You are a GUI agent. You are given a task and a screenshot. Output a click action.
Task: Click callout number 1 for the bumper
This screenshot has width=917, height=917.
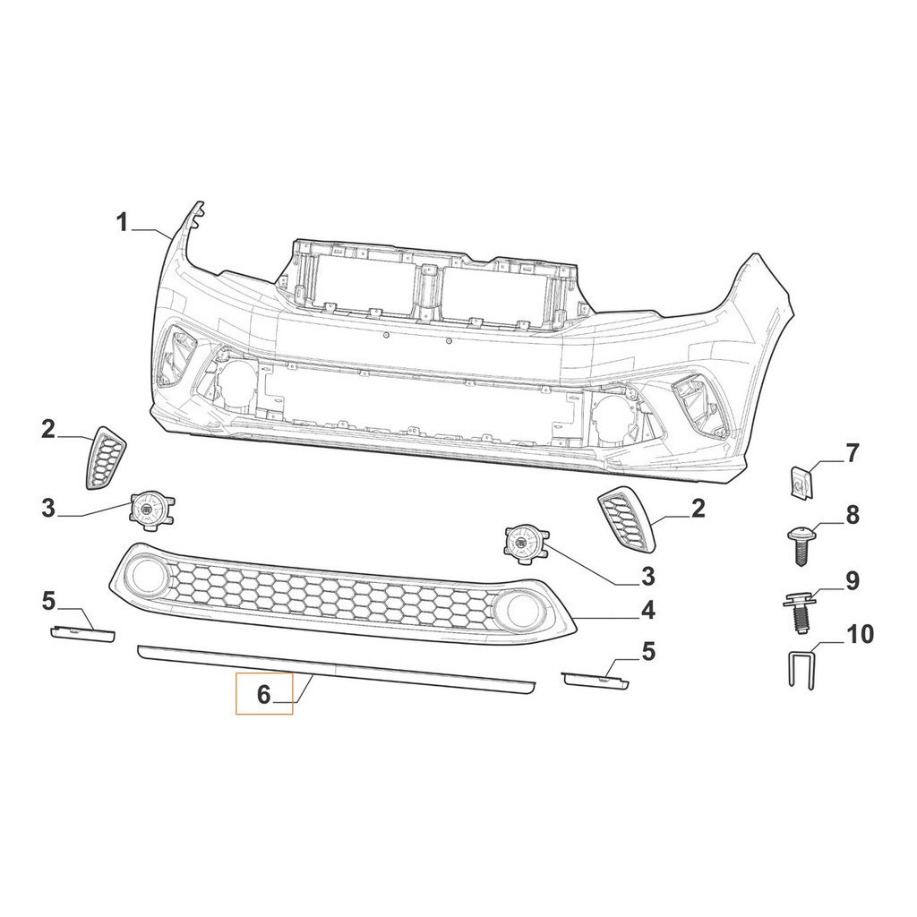point(122,223)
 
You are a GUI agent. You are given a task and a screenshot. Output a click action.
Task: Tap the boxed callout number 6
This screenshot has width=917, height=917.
point(264,694)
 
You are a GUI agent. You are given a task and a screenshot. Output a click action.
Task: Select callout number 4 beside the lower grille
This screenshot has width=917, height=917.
point(647,611)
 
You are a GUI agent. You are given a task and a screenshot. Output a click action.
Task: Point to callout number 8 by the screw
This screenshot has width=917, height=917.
point(853,515)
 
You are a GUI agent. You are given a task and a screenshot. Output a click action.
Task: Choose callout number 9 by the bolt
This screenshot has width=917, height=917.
point(853,580)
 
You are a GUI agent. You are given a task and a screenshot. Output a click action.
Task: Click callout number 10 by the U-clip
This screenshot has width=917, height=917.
point(860,634)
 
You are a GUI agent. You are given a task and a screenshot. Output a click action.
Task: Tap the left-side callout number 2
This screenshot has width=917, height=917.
point(48,430)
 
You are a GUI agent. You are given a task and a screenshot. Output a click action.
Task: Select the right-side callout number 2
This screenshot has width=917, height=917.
point(698,509)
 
